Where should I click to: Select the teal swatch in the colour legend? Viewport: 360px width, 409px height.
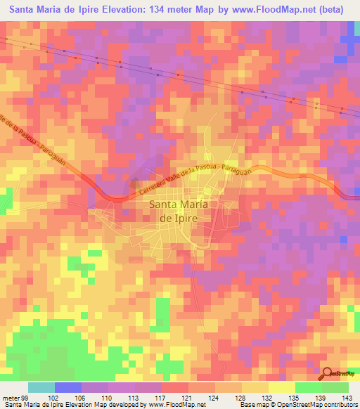(x=41, y=387)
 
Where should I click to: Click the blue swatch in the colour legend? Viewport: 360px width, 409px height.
(x=67, y=387)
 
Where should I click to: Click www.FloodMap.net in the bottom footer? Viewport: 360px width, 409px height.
(x=173, y=405)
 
